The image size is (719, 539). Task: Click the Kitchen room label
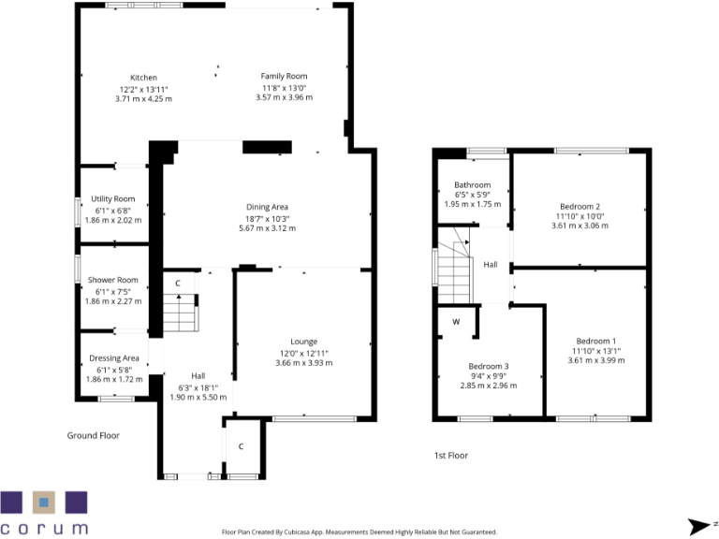[143, 78]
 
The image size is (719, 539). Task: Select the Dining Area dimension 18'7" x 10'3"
[266, 217]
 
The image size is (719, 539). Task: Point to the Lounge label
[303, 342]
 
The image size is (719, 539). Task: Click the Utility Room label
[112, 198]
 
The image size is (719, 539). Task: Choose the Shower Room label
[112, 280]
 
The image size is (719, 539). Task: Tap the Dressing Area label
[113, 358]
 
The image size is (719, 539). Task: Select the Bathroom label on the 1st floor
[472, 185]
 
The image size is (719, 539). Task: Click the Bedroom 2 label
[580, 206]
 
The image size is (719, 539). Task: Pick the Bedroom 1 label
[594, 341]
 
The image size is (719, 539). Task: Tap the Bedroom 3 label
[488, 366]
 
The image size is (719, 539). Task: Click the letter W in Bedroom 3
[456, 322]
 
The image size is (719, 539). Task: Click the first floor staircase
[454, 272]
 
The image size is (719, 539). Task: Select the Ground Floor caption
[93, 435]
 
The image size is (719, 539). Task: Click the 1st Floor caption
[450, 456]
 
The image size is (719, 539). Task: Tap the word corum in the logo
[44, 528]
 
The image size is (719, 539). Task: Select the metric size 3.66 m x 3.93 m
[303, 362]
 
